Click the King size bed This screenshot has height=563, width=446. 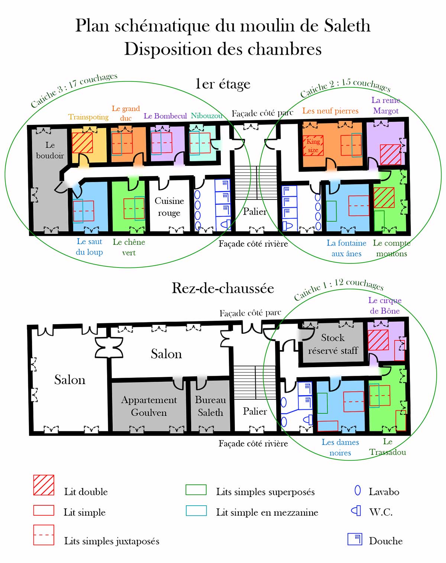tap(313, 145)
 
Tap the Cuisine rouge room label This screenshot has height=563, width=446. tap(169, 207)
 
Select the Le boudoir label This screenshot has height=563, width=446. tap(50, 150)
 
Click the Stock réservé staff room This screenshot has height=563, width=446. tap(333, 344)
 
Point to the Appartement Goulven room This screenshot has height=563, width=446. tap(149, 406)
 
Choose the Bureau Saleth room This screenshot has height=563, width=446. tap(210, 406)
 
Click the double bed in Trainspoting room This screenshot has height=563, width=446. tap(82, 143)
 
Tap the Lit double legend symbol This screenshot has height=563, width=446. tap(43, 485)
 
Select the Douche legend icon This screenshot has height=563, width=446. tap(355, 539)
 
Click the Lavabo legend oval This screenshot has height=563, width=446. tap(358, 490)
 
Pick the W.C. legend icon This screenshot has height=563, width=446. tap(356, 511)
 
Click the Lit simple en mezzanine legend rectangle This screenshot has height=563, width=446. tap(196, 511)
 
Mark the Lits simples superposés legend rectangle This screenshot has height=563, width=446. tap(196, 490)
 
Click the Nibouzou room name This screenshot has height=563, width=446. tap(207, 116)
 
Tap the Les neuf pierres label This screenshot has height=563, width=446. tap(330, 111)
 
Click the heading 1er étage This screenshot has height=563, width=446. tap(223, 84)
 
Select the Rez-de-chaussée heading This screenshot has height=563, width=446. tap(223, 288)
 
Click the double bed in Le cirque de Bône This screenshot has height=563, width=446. tap(378, 340)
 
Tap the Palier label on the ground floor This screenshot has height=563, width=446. tap(255, 411)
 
